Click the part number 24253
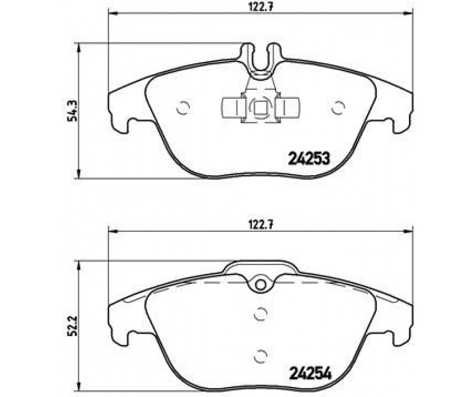pos(308,159)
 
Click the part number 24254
pos(310,374)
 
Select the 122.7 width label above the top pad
pos(261,7)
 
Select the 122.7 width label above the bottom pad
pos(261,225)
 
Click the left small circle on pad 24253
pos(183,108)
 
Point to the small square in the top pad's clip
pos(260,108)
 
